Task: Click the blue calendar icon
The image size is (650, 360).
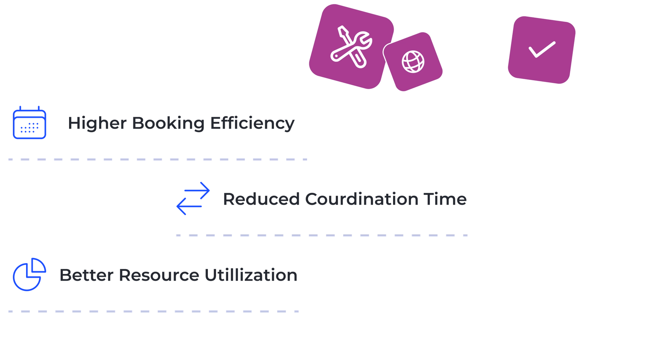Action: pyautogui.click(x=30, y=123)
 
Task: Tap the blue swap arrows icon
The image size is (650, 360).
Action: pyautogui.click(x=193, y=198)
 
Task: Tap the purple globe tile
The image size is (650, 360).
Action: pyautogui.click(x=413, y=62)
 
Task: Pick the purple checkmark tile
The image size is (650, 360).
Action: pyautogui.click(x=542, y=50)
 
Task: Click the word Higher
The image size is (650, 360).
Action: pyautogui.click(x=96, y=123)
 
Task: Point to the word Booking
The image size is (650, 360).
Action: pyautogui.click(x=167, y=123)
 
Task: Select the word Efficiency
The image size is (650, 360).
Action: pyautogui.click(x=252, y=123)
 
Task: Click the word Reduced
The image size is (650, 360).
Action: pyautogui.click(x=261, y=199)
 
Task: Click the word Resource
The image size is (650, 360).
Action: pyautogui.click(x=159, y=275)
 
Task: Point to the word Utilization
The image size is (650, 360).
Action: pyautogui.click(x=250, y=275)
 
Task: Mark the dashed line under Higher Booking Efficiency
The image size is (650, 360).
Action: pyautogui.click(x=157, y=160)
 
